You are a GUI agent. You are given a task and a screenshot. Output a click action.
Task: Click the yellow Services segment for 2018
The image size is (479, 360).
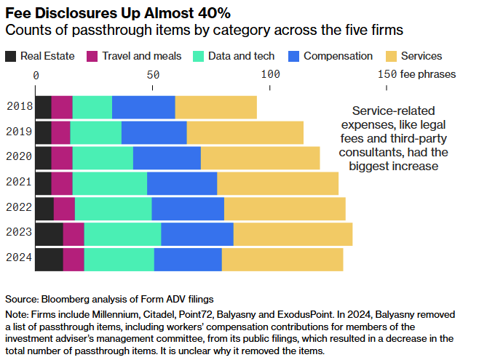point(216,107)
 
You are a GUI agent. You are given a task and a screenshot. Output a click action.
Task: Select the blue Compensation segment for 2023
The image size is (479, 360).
point(197,234)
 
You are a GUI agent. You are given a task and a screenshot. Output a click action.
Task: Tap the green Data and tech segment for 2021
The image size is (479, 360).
point(110,183)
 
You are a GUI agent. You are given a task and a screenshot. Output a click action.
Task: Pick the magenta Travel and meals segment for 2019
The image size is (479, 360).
point(61,132)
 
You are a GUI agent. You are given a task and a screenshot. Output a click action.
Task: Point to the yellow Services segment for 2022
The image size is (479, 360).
point(285,209)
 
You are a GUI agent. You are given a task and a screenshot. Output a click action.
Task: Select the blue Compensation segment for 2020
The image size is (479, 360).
point(167,158)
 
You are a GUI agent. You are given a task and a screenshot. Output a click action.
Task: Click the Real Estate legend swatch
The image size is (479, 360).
point(12,56)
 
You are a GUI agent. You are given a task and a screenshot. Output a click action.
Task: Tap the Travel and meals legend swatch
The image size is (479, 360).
point(92,56)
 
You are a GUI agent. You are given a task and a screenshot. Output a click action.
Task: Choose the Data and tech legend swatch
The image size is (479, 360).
point(198,56)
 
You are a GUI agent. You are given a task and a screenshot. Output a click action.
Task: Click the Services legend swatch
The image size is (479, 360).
point(391,56)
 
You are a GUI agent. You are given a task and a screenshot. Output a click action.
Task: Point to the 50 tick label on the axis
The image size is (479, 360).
point(153,75)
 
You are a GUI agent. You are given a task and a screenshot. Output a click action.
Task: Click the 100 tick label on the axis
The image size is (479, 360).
point(270,75)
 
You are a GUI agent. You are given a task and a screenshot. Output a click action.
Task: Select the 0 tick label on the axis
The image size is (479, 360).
point(36,75)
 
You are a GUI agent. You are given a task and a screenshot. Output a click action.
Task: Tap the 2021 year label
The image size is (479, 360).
point(18,183)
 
